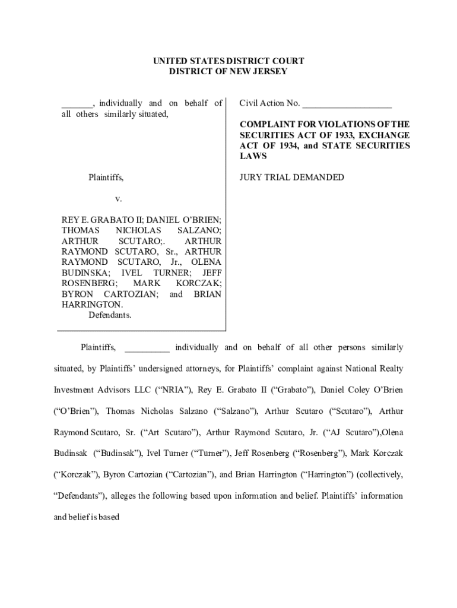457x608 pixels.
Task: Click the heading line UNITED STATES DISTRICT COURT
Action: [228, 61]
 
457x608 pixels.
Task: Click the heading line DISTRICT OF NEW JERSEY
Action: [228, 72]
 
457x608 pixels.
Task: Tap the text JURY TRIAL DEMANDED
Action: [291, 178]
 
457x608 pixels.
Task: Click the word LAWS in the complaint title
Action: [253, 156]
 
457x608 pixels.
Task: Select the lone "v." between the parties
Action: [118, 199]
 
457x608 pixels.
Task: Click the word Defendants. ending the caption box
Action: [110, 315]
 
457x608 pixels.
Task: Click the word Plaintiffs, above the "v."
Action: [106, 178]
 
